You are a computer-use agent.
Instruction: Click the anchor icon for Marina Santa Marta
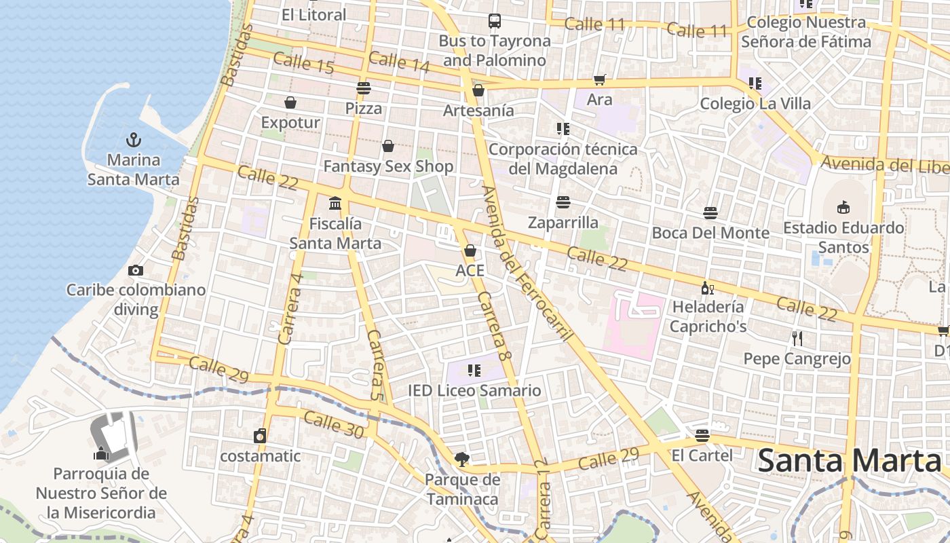click(x=134, y=141)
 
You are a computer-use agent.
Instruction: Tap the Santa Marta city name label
click(x=849, y=461)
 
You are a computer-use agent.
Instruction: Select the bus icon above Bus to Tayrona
click(x=495, y=21)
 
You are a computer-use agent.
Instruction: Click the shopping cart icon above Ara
click(x=599, y=80)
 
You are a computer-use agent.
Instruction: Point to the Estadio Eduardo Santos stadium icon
click(x=843, y=207)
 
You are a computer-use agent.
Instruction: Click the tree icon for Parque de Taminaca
click(x=461, y=460)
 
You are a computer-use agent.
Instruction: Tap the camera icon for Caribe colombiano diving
click(x=136, y=270)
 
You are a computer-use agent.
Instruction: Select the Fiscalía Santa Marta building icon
click(x=335, y=203)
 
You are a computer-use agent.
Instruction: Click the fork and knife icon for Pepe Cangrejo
click(x=797, y=338)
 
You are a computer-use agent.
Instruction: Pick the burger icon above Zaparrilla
click(x=563, y=202)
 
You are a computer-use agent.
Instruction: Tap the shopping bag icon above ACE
click(x=470, y=250)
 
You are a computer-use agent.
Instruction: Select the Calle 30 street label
click(x=333, y=425)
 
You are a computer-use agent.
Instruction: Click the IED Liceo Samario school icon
click(x=474, y=371)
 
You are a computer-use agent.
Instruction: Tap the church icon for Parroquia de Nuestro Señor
click(x=102, y=453)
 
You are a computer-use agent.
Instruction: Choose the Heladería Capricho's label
click(x=708, y=316)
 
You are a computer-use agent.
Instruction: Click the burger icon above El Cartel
click(x=702, y=435)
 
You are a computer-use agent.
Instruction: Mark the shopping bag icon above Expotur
click(x=290, y=102)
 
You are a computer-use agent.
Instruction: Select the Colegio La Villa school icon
click(x=755, y=83)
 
